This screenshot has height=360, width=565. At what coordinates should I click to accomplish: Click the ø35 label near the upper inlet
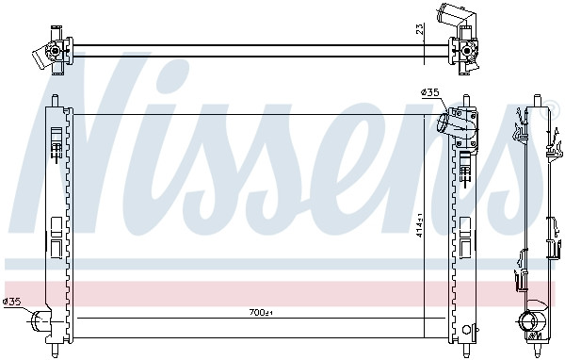[429, 91]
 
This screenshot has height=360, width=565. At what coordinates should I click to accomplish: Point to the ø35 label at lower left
[12, 302]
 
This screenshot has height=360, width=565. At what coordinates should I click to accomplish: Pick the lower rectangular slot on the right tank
[465, 247]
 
